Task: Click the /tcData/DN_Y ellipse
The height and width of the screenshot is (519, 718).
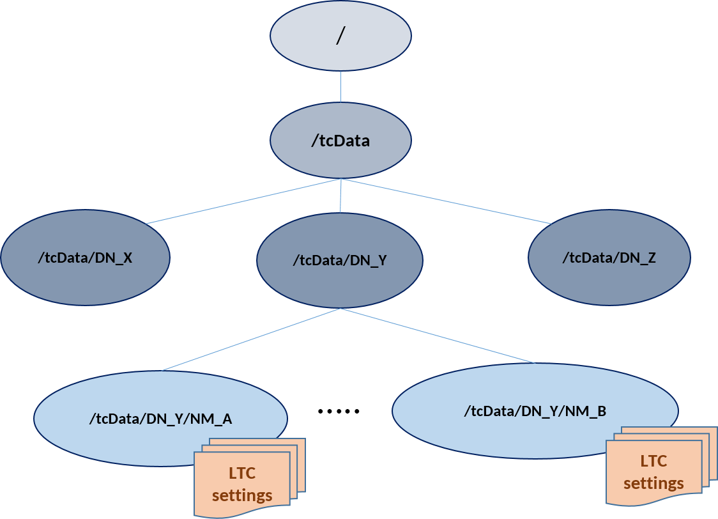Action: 339,275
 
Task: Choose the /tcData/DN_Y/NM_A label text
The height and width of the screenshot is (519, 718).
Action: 160,419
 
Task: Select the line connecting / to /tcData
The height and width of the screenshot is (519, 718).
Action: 340,86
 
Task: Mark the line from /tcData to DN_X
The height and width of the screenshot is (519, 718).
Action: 243,201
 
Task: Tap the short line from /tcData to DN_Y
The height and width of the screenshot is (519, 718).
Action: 340,198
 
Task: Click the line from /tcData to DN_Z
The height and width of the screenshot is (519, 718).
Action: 447,201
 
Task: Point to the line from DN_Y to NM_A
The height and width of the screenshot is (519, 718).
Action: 250,339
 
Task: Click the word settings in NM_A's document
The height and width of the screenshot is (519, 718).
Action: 242,495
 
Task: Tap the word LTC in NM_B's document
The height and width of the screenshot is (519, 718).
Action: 653,461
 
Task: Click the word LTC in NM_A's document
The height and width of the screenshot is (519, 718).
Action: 242,473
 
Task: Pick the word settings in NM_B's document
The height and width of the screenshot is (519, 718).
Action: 653,483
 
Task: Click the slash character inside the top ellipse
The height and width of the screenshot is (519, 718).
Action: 340,36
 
